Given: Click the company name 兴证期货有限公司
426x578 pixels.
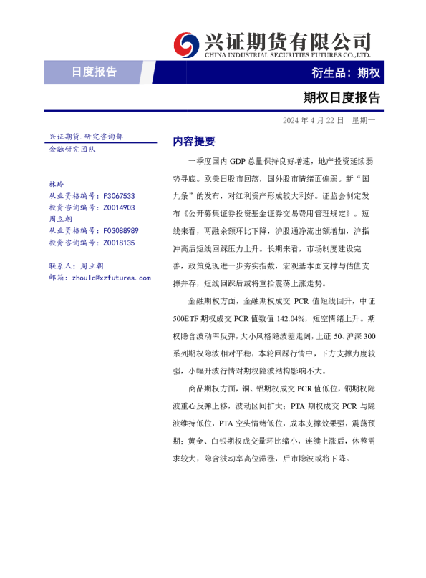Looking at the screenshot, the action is [288, 39].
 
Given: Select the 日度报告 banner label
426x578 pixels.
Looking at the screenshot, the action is [94, 72].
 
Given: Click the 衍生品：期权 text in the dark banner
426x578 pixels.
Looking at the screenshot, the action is [346, 73].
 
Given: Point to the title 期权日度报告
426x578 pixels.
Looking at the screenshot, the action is [341, 97].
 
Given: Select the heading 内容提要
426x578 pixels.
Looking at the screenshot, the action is [194, 141].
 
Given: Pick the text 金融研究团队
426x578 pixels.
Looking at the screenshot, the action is [72, 149].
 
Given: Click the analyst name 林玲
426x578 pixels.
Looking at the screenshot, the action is [56, 184].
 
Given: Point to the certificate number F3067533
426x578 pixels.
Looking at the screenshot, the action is [119, 195].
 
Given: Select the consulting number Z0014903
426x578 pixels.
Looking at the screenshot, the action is [119, 207].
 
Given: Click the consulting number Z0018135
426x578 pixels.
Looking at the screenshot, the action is [119, 243].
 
